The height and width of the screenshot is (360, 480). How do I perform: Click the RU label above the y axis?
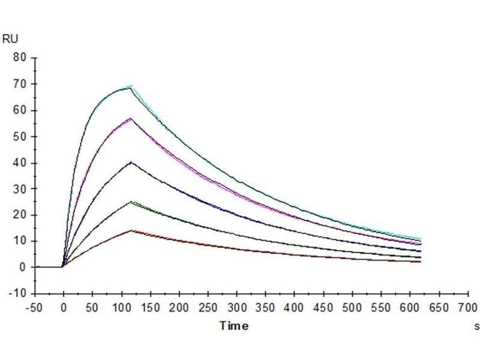tap(11, 40)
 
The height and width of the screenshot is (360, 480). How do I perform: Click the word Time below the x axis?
tap(234, 326)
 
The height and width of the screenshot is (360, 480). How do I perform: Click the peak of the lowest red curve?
tap(131, 230)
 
